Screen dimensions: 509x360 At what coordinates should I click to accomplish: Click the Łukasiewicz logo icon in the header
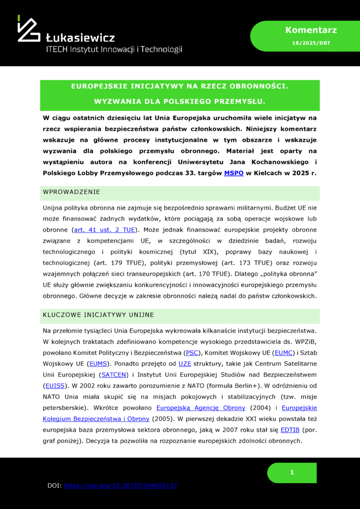click(x=28, y=29)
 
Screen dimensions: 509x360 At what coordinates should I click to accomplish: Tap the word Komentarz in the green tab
click(x=304, y=30)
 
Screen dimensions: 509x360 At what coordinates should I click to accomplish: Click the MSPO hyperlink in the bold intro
click(x=234, y=172)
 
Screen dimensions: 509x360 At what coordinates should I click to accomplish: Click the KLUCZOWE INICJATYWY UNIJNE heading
click(x=98, y=315)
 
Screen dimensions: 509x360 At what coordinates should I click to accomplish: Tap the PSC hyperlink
click(x=191, y=352)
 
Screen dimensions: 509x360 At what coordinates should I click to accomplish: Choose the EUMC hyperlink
click(x=284, y=352)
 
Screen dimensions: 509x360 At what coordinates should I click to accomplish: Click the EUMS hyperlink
click(x=97, y=363)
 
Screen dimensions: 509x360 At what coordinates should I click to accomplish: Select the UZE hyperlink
click(x=184, y=363)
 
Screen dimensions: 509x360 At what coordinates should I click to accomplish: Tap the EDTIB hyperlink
click(x=290, y=429)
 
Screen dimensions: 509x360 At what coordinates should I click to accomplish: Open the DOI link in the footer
click(x=121, y=485)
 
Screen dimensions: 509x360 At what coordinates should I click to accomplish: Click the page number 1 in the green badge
click(x=292, y=473)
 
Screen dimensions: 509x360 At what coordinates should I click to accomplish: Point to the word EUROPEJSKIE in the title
click(x=98, y=86)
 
